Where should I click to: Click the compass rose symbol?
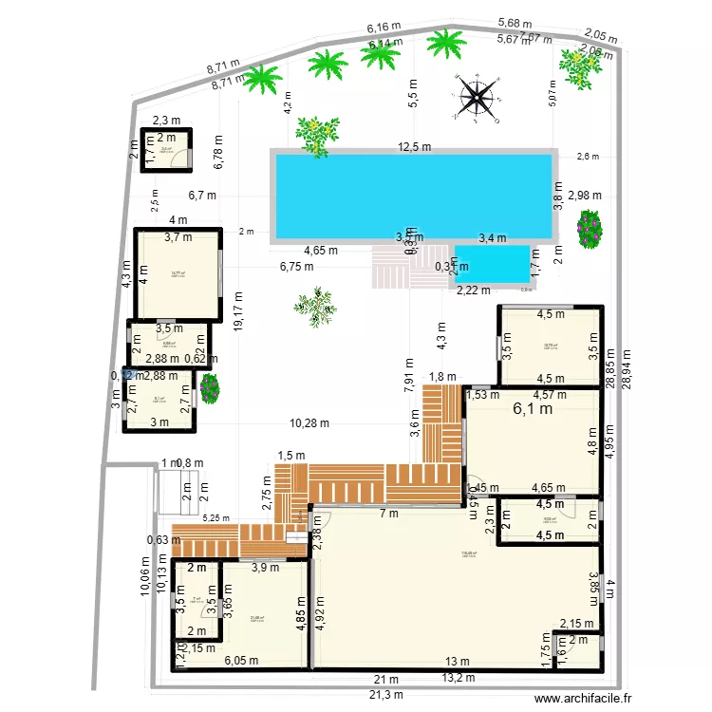tap(478, 99)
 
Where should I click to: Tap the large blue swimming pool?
tap(414, 195)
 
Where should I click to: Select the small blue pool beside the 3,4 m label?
tap(492, 263)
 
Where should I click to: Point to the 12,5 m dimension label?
tap(414, 147)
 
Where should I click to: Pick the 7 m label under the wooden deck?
tap(389, 514)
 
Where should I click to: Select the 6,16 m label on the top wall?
tap(384, 28)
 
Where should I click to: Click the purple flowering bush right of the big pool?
tap(590, 227)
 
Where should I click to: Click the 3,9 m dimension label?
tap(265, 568)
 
